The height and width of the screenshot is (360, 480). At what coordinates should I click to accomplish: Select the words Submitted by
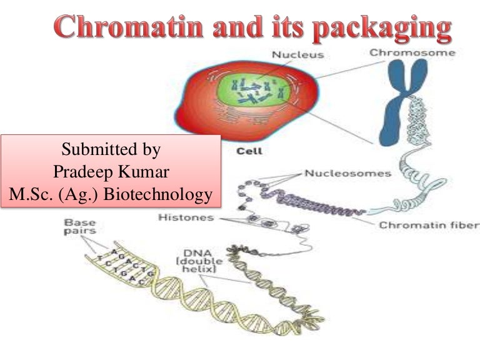tap(111, 150)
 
